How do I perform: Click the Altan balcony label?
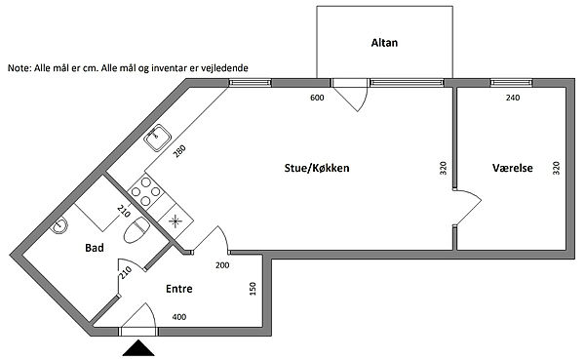[x=384, y=43]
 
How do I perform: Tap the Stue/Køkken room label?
[x=317, y=168]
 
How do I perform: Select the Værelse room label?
[x=512, y=168]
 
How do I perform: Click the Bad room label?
[x=95, y=248]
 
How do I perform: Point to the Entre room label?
[x=179, y=289]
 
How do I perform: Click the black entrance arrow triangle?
[x=138, y=347]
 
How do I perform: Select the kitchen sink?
[x=158, y=138]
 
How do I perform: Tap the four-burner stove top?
[x=146, y=191]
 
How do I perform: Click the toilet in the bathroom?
[x=136, y=229]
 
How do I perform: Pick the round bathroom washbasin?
[x=58, y=225]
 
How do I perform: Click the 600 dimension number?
[x=317, y=98]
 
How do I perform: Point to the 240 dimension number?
[x=513, y=98]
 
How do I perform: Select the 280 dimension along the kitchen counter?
[x=179, y=151]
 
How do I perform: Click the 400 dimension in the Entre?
[x=179, y=317]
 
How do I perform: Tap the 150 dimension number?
[x=253, y=289]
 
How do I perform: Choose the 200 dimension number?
[x=222, y=265]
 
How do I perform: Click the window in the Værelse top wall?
[x=511, y=83]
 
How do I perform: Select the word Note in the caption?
[x=19, y=68]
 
